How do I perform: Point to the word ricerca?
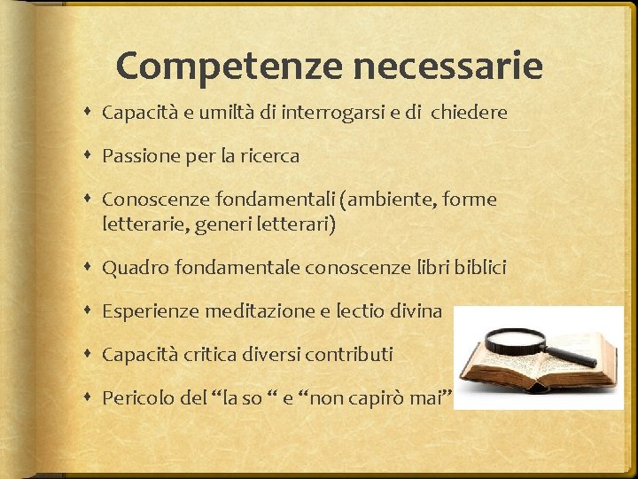[270, 156]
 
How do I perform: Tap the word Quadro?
[136, 267]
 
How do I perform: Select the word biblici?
[477, 267]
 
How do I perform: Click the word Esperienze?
[152, 311]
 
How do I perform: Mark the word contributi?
[348, 355]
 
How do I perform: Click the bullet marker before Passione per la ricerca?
[89, 156]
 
